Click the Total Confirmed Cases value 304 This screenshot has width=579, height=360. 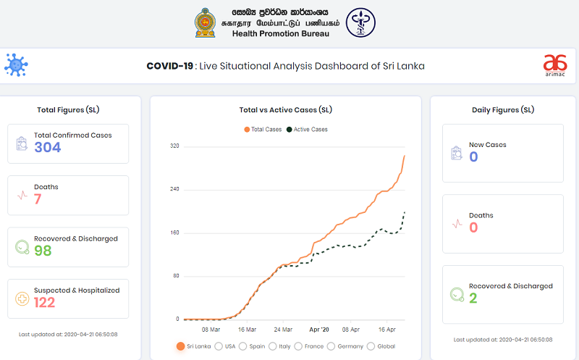coord(47,147)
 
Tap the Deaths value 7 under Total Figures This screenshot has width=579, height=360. coord(38,198)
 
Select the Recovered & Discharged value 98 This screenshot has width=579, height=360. coord(43,250)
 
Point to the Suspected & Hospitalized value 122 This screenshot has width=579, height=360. coord(44,302)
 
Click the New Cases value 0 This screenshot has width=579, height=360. coord(473,156)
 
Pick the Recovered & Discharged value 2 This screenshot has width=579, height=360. coord(473,298)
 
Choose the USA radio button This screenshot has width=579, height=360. coord(219,346)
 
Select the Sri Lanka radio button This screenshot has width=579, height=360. coord(180,346)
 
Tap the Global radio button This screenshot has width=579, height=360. coord(371,346)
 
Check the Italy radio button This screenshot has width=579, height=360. coord(274,346)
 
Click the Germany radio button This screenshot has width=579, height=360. coord(331,346)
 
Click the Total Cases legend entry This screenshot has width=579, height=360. coord(263,130)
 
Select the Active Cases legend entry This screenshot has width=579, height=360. coord(307,130)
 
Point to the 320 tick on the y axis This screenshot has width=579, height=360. coord(174,146)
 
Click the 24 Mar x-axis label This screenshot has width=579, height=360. coord(283,328)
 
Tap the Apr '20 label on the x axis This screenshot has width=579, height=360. coord(319,328)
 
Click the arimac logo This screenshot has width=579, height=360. coord(555,64)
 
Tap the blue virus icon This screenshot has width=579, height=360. coord(15,64)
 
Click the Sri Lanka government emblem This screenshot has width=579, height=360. coord(206,23)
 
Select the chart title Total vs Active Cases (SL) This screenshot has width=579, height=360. coord(286,110)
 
